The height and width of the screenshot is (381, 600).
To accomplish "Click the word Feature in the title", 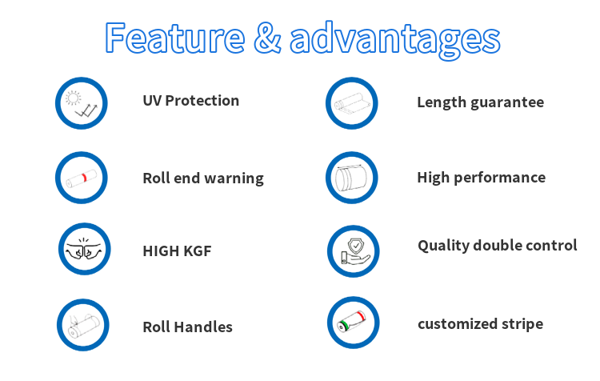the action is coord(175,38).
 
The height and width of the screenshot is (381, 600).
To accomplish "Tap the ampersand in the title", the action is coord(267,38).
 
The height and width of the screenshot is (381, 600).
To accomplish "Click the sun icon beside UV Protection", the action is coord(73,98).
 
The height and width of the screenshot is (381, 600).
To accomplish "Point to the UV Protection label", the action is coord(191,101).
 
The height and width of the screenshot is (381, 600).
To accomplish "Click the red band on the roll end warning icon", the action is coord(85,177).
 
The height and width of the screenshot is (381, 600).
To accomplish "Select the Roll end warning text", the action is coord(203,178).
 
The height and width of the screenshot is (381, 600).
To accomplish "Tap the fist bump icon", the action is coord(85,249).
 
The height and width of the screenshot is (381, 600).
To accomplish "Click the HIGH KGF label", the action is coord(177,251).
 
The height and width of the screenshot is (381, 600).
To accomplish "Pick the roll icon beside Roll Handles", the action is coord(83,326).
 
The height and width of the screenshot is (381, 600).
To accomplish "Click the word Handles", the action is coord(203,327).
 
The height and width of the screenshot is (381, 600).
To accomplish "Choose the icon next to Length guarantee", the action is coord(352,103).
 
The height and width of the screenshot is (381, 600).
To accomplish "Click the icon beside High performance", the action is coord(351,178).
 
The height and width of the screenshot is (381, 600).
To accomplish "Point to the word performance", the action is coord(500,178).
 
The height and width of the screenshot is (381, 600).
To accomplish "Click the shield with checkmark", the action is coord(356,245).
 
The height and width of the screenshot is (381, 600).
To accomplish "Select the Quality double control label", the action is coord(498,246).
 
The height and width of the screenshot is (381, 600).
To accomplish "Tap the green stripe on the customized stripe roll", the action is coord(344,326).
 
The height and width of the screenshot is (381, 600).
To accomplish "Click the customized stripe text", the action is coord(480,324).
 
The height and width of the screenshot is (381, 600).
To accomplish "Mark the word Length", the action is coord(442,102).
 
